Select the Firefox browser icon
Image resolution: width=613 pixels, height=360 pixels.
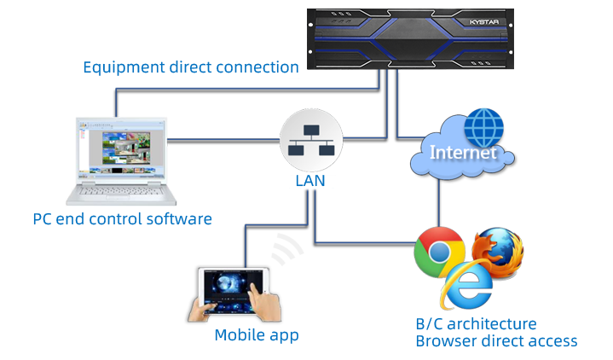point(498,253)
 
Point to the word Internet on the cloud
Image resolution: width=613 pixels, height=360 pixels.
point(464,154)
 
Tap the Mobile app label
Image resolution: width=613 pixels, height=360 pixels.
point(257,335)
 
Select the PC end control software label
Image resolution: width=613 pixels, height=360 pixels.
point(122,219)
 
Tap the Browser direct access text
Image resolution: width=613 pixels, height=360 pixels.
point(495,341)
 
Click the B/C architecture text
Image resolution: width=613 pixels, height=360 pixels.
point(475,324)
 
